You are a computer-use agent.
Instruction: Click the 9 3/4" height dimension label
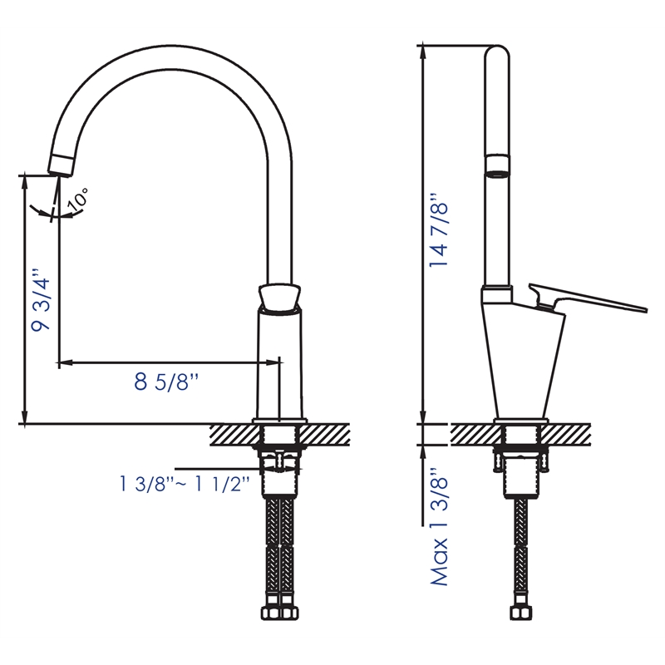[42, 300]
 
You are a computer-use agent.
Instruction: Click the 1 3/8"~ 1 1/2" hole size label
[184, 485]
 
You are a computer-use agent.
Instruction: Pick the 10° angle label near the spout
[78, 199]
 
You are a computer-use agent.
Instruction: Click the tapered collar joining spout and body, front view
[279, 297]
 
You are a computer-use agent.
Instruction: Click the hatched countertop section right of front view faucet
[329, 434]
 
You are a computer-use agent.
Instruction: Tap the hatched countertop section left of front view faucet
[234, 434]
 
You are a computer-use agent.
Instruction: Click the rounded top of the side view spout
[495, 53]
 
